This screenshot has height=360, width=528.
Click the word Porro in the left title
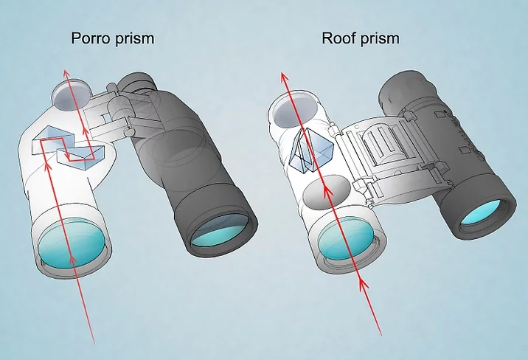pos(90,38)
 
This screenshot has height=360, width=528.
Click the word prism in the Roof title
pos(380,38)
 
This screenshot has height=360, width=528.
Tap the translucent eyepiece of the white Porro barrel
pos(71,94)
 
